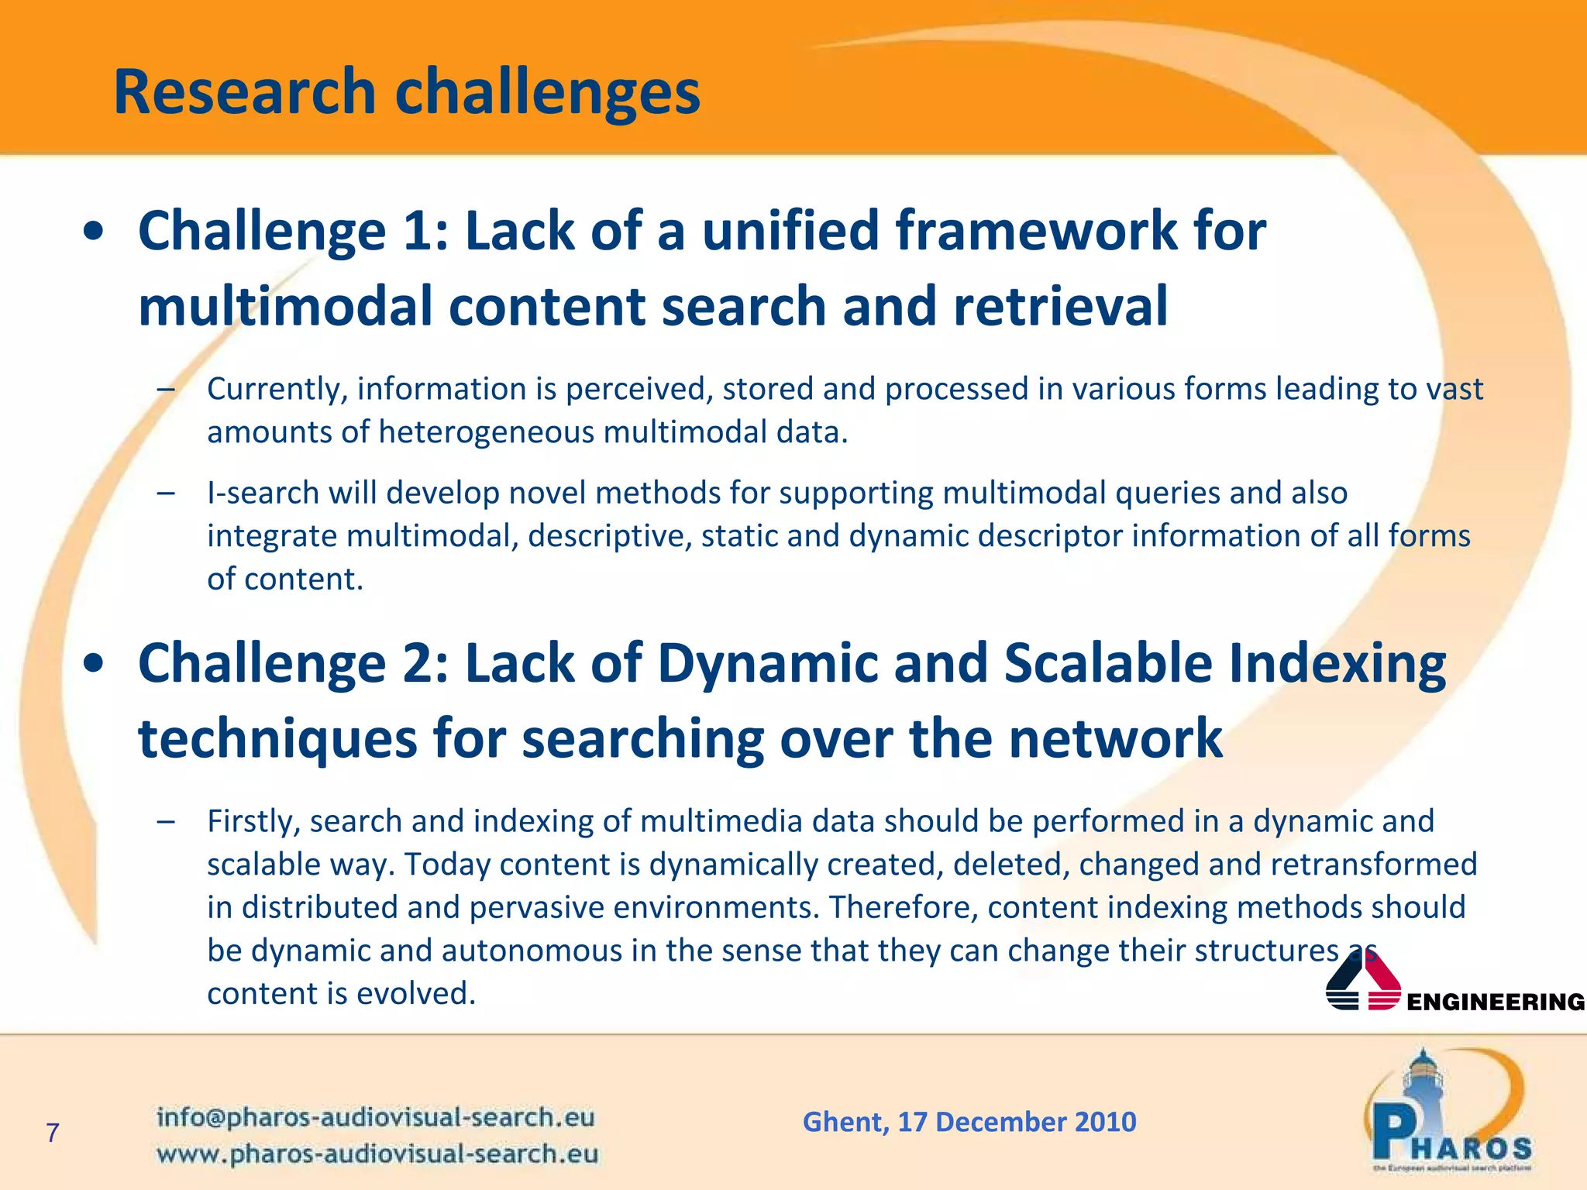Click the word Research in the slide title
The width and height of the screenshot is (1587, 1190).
coord(244,92)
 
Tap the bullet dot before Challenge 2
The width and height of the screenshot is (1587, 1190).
coord(94,664)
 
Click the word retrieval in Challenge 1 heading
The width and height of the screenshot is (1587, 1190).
coord(1059,306)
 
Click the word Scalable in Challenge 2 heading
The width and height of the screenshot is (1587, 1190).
coord(1108,664)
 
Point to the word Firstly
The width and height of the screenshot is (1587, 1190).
coord(253,821)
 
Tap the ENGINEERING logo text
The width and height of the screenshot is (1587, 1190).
coord(1495,1002)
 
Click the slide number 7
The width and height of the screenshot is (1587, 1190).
coord(53,1133)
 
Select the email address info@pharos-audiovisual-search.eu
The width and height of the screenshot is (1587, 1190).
coord(375,1117)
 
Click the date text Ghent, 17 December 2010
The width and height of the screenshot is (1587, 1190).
coord(969,1122)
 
